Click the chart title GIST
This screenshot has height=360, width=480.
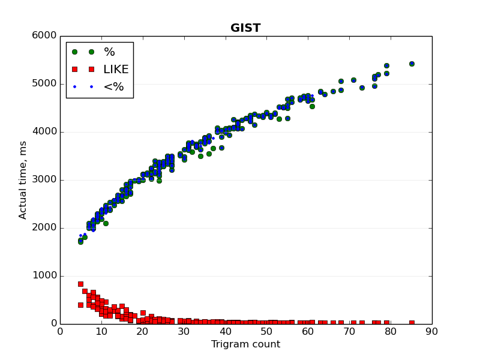pos(245,28)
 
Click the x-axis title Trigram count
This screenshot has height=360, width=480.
pos(245,344)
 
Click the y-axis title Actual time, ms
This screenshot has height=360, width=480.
pos(23,180)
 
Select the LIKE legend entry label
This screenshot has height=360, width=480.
pos(116,69)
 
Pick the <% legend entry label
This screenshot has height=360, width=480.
pos(113,86)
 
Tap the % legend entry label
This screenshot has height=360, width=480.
pos(109,52)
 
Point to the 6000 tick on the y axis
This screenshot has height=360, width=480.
pos(44,36)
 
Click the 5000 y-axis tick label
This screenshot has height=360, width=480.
pos(44,84)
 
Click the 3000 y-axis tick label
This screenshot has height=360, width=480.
pos(44,180)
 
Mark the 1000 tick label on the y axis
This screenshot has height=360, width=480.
pos(44,276)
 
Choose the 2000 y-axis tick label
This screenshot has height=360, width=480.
pos(44,228)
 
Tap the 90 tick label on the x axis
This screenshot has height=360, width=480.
pos(432,331)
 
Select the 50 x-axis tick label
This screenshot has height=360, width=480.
pos(266,331)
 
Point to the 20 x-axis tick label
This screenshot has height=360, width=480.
pos(143,331)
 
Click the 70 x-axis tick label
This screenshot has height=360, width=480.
pos(349,331)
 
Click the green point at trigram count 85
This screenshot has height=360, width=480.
pos(412,64)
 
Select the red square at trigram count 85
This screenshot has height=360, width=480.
pos(412,323)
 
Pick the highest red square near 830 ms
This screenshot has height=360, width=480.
pos(80,284)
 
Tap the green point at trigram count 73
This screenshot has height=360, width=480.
pos(362,88)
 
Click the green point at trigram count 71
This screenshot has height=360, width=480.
pos(353,80)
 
